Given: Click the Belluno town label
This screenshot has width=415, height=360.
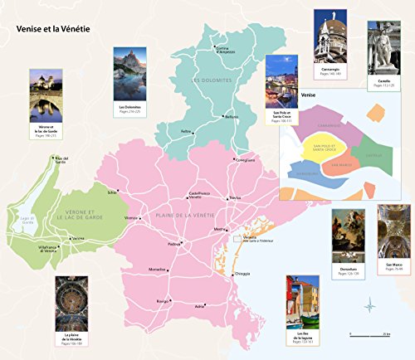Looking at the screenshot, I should (x=232, y=117).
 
